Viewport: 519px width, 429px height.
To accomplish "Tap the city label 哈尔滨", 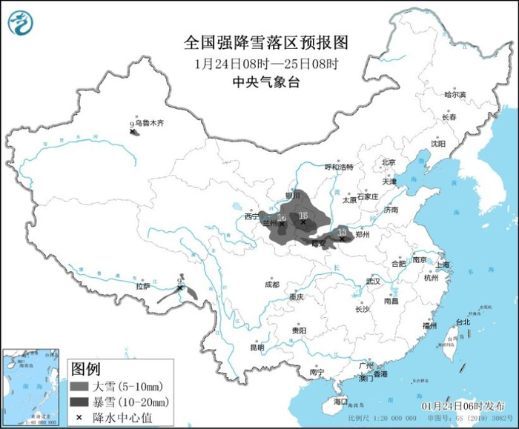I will [x=454, y=95].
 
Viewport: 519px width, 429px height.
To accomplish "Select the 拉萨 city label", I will [x=143, y=285].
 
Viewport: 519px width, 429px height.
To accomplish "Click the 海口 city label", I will [x=340, y=401].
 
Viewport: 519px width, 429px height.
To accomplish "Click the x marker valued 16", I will [x=303, y=220].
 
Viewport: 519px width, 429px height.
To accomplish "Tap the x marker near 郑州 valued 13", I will [x=341, y=238].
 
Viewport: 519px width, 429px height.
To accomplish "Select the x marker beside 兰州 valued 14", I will [x=282, y=223].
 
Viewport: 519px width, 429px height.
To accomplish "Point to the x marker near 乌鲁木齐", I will [x=133, y=131].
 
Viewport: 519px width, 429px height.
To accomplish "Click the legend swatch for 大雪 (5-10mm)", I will [x=79, y=387].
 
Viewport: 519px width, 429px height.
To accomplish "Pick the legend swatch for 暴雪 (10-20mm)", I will [x=79, y=402].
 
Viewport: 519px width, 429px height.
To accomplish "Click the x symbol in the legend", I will [x=79, y=417].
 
